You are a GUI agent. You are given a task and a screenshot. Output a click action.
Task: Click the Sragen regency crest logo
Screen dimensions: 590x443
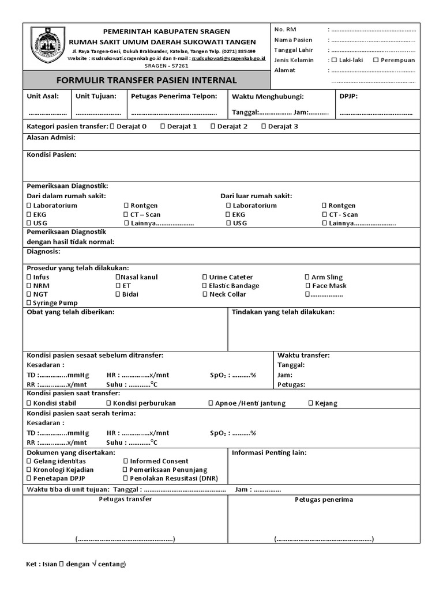coord(48,46)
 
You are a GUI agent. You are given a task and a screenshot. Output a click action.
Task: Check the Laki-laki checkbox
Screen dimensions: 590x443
coord(334,60)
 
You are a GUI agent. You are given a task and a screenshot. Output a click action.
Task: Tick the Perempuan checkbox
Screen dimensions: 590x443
coord(376,60)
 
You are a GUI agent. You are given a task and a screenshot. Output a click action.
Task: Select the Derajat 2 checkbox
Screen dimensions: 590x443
coord(213,126)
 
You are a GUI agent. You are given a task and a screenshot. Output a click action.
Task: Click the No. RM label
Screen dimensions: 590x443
coord(286,29)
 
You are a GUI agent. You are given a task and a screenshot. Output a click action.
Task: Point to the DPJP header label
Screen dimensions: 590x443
coord(348,96)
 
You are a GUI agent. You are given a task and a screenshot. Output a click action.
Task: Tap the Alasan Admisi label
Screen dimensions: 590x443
coord(51,138)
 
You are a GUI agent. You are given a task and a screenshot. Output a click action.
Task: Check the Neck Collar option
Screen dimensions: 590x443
coord(205,294)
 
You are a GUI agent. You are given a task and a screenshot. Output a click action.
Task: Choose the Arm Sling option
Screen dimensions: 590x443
coord(307,277)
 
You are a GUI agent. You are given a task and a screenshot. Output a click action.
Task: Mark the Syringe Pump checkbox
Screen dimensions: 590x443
coord(29,303)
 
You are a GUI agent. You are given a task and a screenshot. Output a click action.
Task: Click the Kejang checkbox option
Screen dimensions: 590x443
coord(311,403)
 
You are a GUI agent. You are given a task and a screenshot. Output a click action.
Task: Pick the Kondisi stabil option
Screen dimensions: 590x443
coord(29,403)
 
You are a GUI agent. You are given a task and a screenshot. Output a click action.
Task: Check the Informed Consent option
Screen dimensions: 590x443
coord(126,462)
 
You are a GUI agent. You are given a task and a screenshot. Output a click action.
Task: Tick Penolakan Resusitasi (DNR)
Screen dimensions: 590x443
coord(126,479)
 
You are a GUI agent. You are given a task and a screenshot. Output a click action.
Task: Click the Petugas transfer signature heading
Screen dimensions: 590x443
coord(125,499)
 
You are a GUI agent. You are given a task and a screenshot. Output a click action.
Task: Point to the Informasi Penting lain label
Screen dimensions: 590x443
coord(269,453)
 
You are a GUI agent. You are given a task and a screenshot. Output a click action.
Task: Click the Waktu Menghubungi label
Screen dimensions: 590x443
coord(268,97)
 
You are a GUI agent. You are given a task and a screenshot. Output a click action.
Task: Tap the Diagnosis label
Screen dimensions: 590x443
coord(43,252)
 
